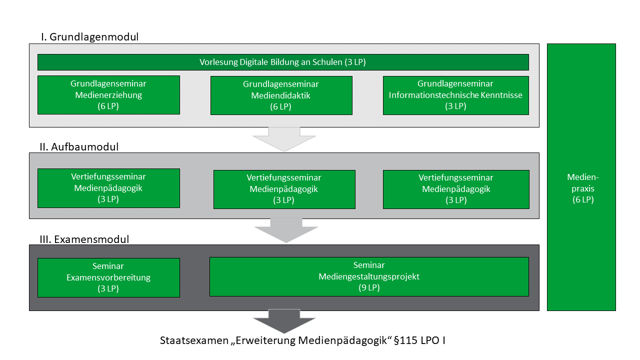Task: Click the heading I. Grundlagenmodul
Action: click(x=90, y=37)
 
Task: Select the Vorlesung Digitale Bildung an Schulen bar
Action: click(x=283, y=62)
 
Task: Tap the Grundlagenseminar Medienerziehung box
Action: click(x=108, y=95)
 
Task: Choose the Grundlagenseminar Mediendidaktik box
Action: click(x=281, y=95)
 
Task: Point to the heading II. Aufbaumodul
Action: click(x=79, y=147)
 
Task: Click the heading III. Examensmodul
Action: click(x=84, y=239)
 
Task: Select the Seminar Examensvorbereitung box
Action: click(x=108, y=277)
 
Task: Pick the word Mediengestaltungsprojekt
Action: click(x=369, y=276)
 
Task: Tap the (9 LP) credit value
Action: click(x=369, y=288)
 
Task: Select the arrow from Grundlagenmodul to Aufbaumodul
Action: click(x=284, y=139)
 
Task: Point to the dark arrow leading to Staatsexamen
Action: click(x=284, y=321)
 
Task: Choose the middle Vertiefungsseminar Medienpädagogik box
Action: click(x=284, y=189)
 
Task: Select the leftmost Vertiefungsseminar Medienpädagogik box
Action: click(x=108, y=188)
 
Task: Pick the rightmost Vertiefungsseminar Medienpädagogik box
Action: click(x=455, y=189)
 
